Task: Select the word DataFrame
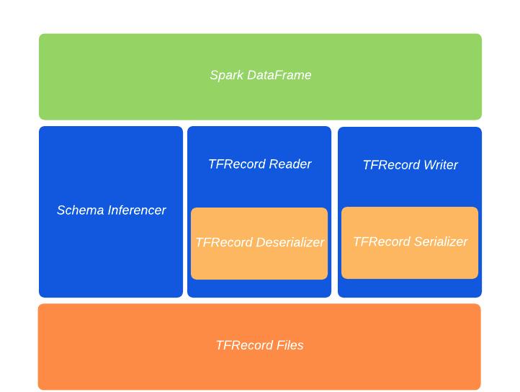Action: pyautogui.click(x=279, y=75)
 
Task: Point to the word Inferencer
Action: pyautogui.click(x=137, y=210)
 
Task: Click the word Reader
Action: pyautogui.click(x=290, y=164)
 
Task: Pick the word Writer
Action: pyautogui.click(x=441, y=165)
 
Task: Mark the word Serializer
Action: pyautogui.click(x=441, y=241)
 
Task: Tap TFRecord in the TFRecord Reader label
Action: pyautogui.click(x=237, y=164)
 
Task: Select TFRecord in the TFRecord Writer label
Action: pyautogui.click(x=392, y=165)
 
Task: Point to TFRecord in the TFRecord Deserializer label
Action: pyautogui.click(x=224, y=242)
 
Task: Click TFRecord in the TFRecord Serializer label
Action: pyautogui.click(x=382, y=241)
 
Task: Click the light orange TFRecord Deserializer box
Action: pyautogui.click(x=259, y=244)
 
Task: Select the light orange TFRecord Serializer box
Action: pyautogui.click(x=410, y=243)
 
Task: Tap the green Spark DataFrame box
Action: pyautogui.click(x=260, y=76)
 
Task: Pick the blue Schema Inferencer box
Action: pyautogui.click(x=111, y=212)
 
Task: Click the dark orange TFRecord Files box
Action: pyautogui.click(x=259, y=347)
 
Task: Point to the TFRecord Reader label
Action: pyautogui.click(x=260, y=164)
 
